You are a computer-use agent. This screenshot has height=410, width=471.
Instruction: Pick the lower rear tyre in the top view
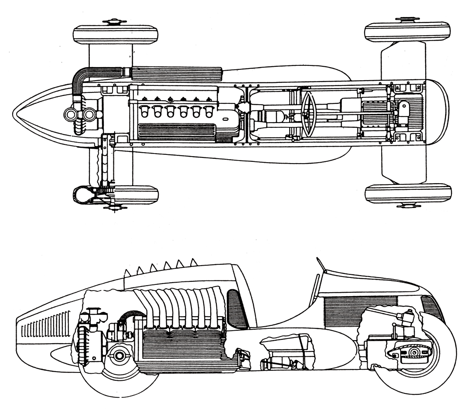[408, 193]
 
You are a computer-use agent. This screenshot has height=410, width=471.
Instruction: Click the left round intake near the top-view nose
[70, 115]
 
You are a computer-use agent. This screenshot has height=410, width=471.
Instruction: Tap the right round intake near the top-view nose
[89, 115]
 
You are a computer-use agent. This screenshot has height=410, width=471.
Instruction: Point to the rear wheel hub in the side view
[412, 352]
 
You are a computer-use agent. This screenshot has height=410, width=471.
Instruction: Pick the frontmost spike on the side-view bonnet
[127, 273]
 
